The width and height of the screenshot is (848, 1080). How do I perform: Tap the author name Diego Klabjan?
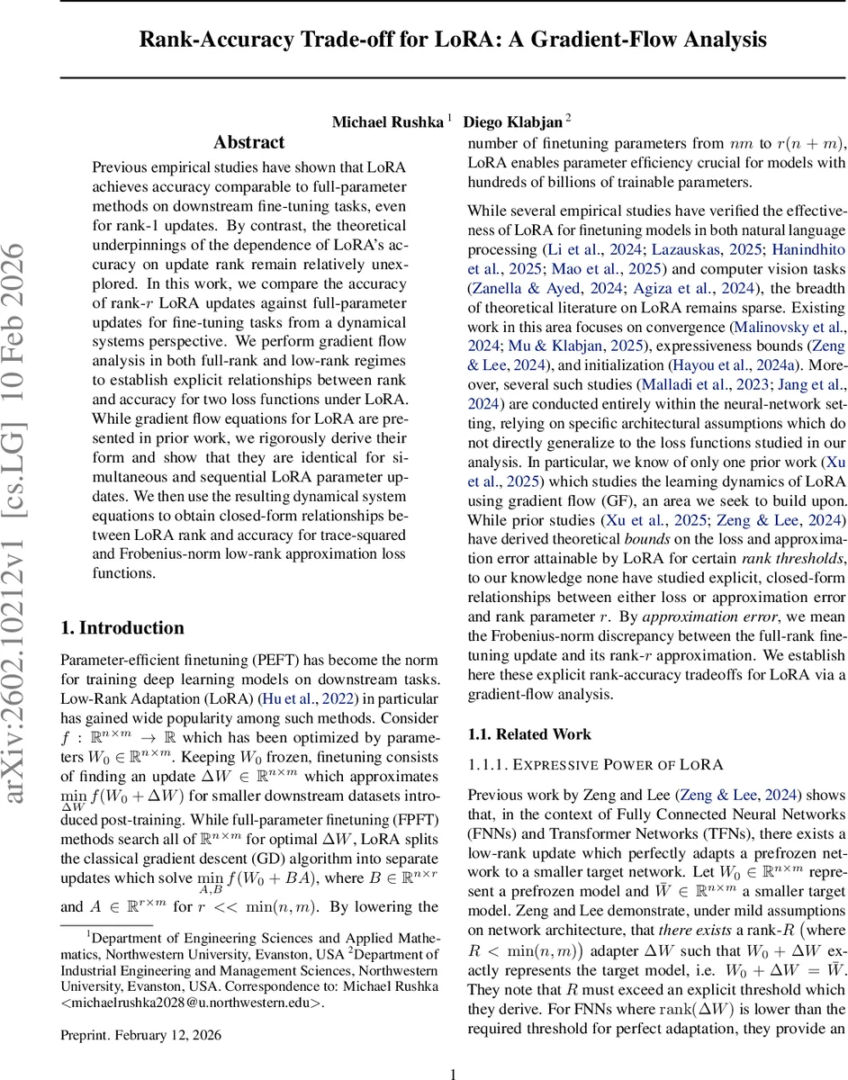point(512,121)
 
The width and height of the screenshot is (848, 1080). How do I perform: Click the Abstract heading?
point(249,142)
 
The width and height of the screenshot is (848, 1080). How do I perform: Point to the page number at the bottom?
point(454,1073)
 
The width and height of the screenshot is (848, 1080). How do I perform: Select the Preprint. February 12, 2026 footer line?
point(140,1035)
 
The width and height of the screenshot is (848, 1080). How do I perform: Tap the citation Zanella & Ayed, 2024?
point(534,288)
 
